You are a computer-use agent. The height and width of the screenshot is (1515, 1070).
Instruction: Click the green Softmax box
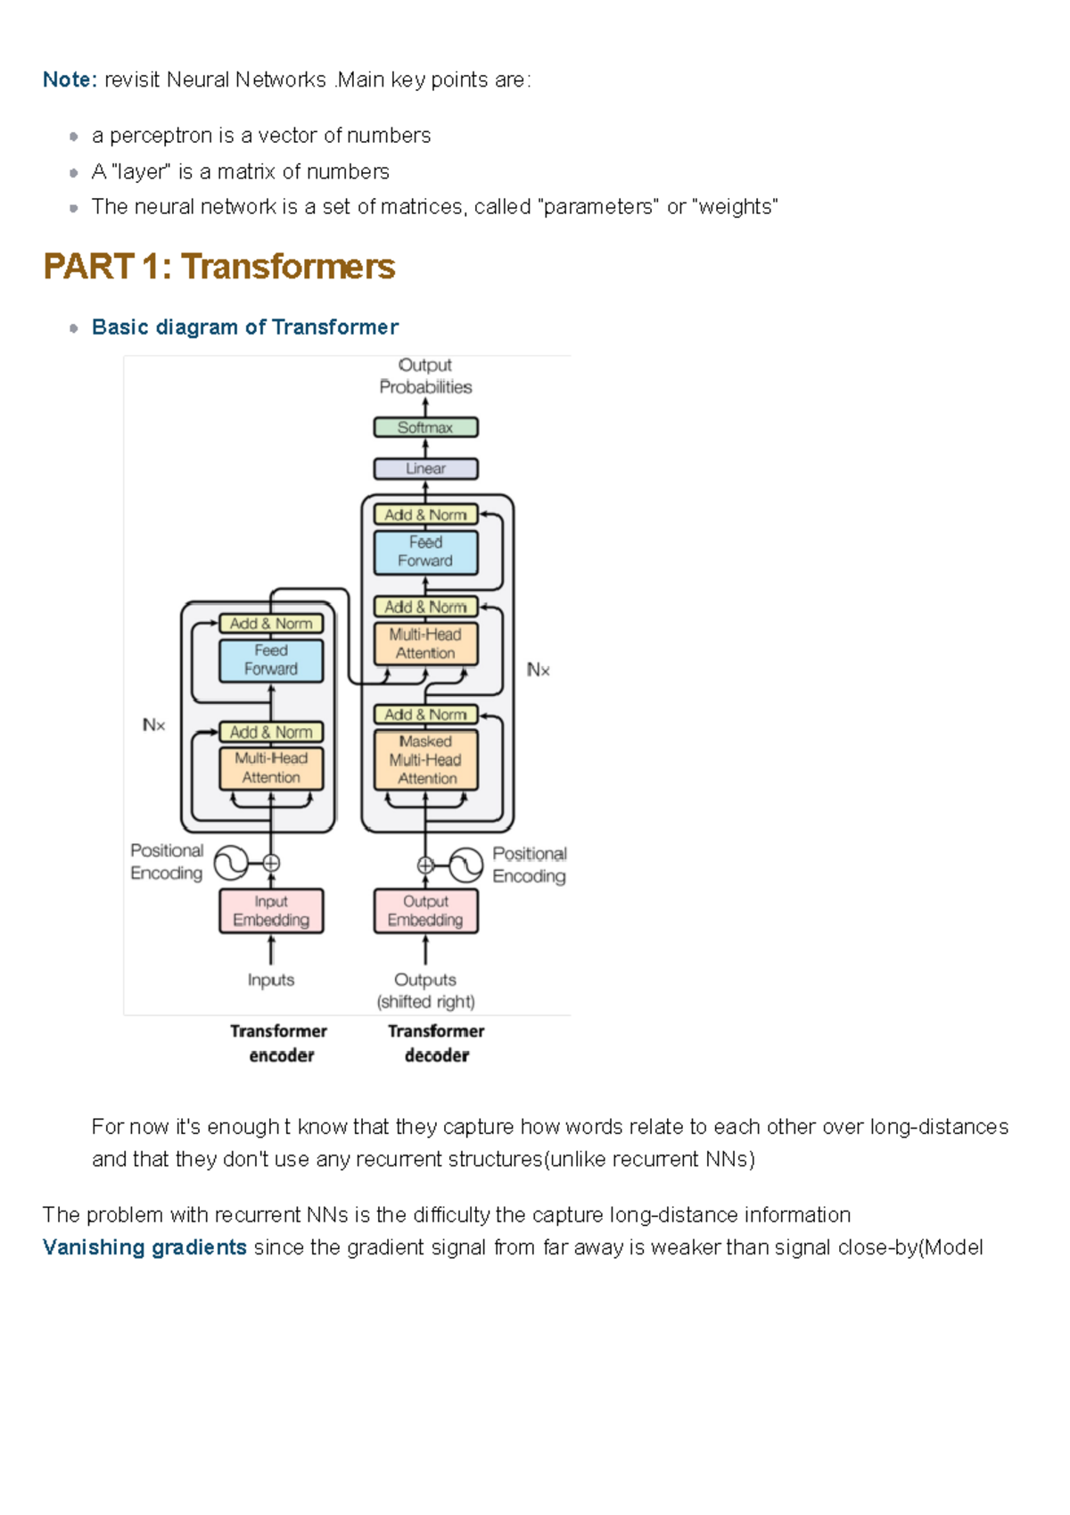(425, 427)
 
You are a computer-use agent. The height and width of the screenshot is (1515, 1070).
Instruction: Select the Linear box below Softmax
(425, 468)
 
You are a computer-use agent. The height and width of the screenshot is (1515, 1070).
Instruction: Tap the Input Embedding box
(271, 911)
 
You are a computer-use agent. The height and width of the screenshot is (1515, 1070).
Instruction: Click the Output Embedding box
(425, 911)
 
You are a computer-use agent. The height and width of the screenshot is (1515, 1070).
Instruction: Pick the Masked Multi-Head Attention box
(425, 760)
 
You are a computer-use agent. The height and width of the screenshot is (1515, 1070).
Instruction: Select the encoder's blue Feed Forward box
(271, 660)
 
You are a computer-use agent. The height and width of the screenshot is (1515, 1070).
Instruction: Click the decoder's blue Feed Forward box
(425, 551)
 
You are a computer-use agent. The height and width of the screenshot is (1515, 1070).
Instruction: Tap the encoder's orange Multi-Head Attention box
(271, 768)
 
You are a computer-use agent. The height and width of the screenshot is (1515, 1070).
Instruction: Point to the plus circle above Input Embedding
(271, 863)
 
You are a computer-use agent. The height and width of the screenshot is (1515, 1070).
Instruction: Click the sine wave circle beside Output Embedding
(465, 865)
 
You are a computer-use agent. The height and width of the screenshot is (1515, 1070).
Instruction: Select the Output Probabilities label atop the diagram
(425, 377)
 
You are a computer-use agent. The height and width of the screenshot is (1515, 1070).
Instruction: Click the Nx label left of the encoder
(153, 725)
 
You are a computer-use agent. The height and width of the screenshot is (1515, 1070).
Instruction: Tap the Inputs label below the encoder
(271, 980)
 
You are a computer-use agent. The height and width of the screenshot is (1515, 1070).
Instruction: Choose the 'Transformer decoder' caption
(436, 1043)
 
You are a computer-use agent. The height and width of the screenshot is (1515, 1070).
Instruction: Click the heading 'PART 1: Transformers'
(218, 267)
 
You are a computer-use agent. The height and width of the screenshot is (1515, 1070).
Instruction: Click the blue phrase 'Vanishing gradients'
(144, 1247)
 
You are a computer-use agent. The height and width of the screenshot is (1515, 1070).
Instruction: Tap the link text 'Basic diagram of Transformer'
(244, 327)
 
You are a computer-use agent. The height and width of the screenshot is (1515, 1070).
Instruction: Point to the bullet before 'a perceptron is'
(73, 137)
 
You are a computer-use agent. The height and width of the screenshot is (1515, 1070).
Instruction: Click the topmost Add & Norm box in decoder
(425, 515)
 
